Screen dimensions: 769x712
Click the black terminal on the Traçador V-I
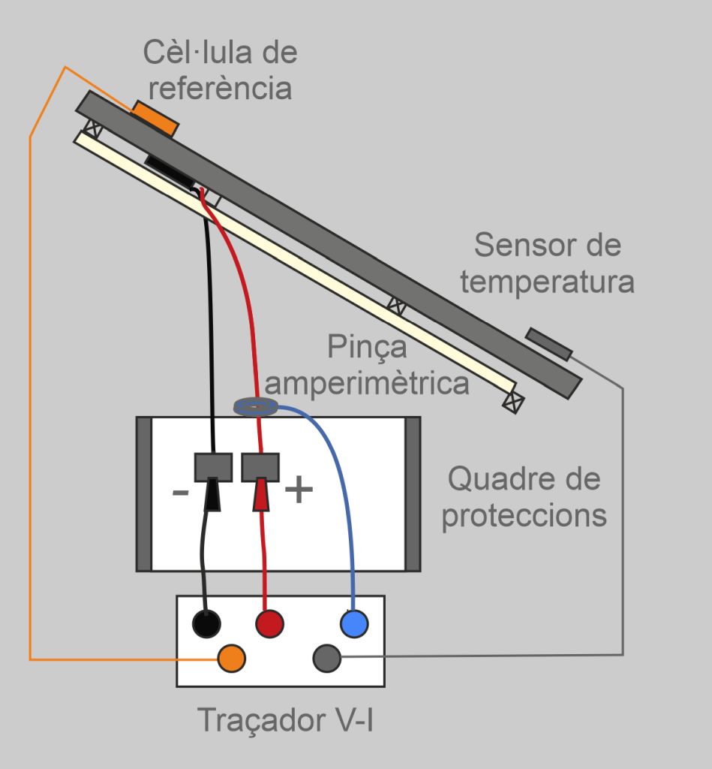click(207, 623)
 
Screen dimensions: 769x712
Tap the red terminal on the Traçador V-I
click(270, 623)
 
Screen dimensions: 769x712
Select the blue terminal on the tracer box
click(354, 623)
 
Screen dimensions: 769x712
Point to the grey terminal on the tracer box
click(326, 658)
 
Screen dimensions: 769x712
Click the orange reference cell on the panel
click(156, 119)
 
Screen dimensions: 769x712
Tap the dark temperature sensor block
click(548, 343)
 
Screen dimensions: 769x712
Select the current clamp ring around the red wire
click(256, 407)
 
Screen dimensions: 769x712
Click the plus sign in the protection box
click(298, 490)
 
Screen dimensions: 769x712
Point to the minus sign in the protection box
click(181, 493)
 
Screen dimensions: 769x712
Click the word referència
click(220, 88)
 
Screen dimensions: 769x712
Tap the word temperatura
click(548, 282)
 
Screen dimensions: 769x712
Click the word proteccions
click(524, 515)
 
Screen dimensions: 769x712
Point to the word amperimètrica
click(368, 384)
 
